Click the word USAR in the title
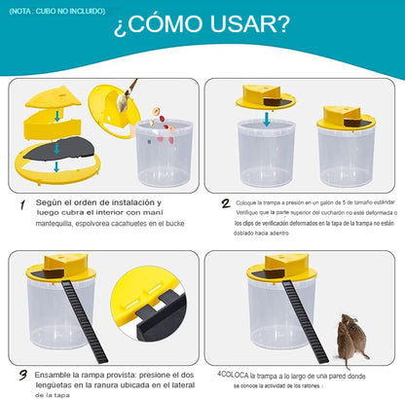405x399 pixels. pyautogui.click(x=249, y=23)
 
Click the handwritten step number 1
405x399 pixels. pyautogui.click(x=22, y=205)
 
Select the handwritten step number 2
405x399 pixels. pyautogui.click(x=226, y=203)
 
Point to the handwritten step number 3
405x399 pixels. pyautogui.click(x=23, y=376)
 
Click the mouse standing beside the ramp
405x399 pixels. pyautogui.click(x=351, y=339)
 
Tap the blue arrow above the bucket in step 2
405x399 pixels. pyautogui.click(x=267, y=119)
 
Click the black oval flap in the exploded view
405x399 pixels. pyautogui.click(x=59, y=149)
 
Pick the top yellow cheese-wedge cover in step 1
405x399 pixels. pyautogui.click(x=54, y=96)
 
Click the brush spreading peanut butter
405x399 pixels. pyautogui.click(x=128, y=96)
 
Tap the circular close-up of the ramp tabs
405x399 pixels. pyautogui.click(x=148, y=304)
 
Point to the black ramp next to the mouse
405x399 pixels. pyautogui.click(x=305, y=321)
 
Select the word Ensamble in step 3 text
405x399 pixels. pyautogui.click(x=52, y=375)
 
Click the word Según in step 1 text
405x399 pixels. pyautogui.click(x=49, y=202)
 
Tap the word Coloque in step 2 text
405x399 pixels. pyautogui.click(x=245, y=203)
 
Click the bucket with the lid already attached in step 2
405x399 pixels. pyautogui.click(x=346, y=147)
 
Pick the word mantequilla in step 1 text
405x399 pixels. pyautogui.click(x=54, y=224)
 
